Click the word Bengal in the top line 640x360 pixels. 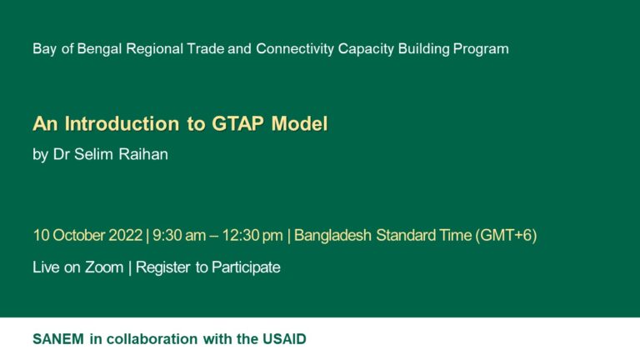click(x=98, y=48)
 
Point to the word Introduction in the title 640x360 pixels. click(x=117, y=124)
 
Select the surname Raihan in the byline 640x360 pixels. click(x=144, y=154)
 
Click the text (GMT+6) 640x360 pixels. click(x=506, y=235)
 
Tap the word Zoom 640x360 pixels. click(x=104, y=267)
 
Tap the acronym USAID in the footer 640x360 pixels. click(x=285, y=339)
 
